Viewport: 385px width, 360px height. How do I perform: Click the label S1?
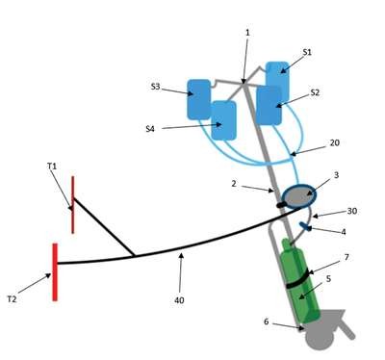[307, 52]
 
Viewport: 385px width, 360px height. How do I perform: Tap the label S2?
[315, 92]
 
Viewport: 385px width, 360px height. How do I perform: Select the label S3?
[155, 87]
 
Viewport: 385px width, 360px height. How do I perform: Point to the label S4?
[150, 129]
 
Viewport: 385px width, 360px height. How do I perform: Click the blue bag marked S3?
[199, 99]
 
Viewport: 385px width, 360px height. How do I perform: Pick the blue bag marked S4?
[224, 120]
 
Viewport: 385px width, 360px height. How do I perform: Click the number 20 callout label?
[334, 142]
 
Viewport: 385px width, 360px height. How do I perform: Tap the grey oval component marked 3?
[299, 196]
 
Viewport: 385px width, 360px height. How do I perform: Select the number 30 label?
[352, 211]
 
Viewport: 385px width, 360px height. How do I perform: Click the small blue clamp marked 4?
[305, 226]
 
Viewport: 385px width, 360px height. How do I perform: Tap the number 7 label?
[346, 257]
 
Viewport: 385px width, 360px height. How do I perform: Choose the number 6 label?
[266, 321]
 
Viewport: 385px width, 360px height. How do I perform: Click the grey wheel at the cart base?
[320, 339]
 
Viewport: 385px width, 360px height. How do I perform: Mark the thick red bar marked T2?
[55, 272]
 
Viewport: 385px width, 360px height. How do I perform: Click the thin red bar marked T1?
[73, 205]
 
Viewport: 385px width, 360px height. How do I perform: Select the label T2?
[12, 299]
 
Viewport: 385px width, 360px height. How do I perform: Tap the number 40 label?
[179, 300]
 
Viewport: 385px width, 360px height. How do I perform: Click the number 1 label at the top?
[247, 33]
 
